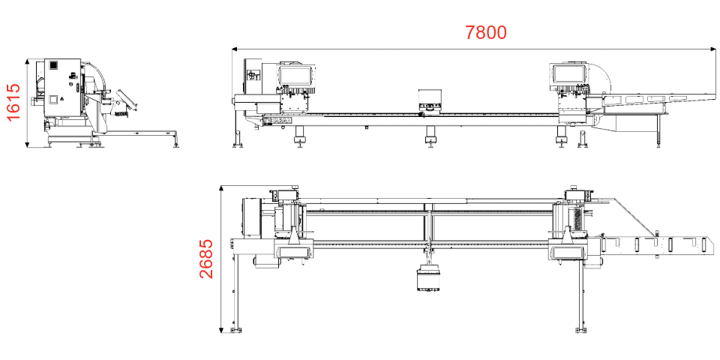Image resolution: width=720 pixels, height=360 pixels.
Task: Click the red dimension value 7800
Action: [x=486, y=32]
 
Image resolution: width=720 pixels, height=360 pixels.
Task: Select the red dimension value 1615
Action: [x=13, y=102]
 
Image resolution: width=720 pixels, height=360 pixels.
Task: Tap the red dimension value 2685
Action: [x=206, y=259]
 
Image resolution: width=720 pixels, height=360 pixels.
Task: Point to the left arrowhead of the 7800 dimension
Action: [x=235, y=49]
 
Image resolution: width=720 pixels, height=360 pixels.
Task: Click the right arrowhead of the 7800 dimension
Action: [x=712, y=49]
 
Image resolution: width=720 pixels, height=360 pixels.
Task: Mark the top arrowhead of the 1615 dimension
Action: [x=28, y=61]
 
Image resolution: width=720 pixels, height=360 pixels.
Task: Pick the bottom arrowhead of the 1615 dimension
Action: [x=28, y=145]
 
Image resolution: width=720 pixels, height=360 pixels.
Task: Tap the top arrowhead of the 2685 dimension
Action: [x=221, y=189]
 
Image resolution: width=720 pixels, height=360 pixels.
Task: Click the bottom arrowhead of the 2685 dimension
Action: [x=221, y=329]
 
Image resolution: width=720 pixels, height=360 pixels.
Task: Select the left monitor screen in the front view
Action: [x=297, y=75]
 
